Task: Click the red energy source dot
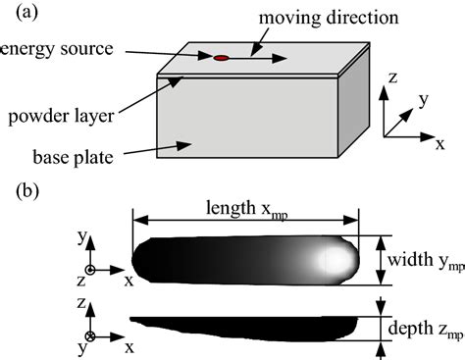tap(222, 59)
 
